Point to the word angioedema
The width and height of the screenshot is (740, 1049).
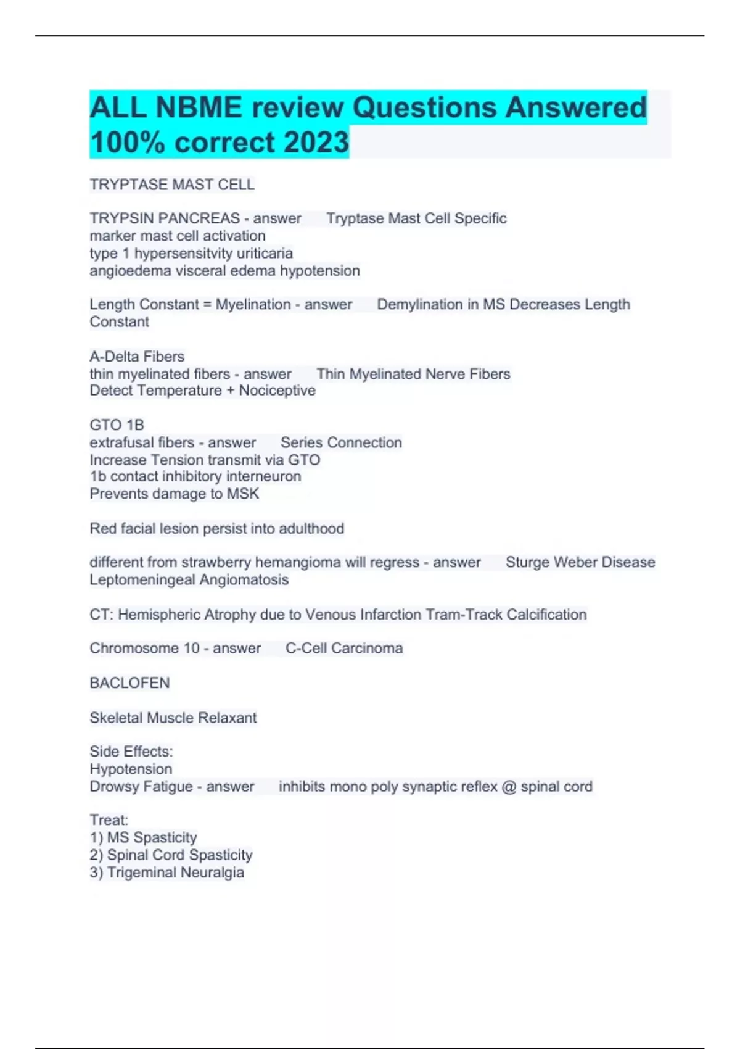(130, 271)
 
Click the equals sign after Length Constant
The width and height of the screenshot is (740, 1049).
(207, 305)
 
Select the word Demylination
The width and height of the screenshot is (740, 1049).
(419, 305)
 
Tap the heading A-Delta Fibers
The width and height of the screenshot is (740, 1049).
(137, 357)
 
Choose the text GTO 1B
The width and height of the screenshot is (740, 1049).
(117, 425)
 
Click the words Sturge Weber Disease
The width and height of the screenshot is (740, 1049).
(580, 562)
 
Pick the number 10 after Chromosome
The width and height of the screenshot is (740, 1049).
(191, 649)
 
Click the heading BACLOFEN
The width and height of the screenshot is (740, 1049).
(129, 683)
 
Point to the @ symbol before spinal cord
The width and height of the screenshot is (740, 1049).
(509, 787)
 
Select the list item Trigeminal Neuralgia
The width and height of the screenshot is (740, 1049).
(175, 873)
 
